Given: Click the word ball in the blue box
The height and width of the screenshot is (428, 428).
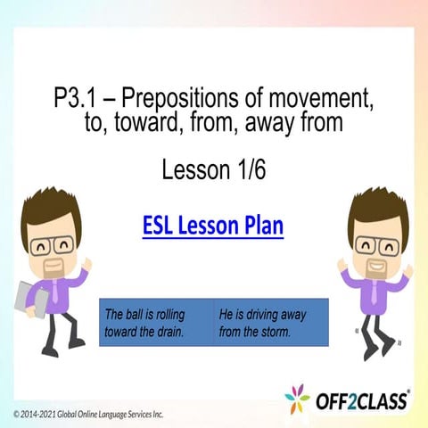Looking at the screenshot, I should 131,315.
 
